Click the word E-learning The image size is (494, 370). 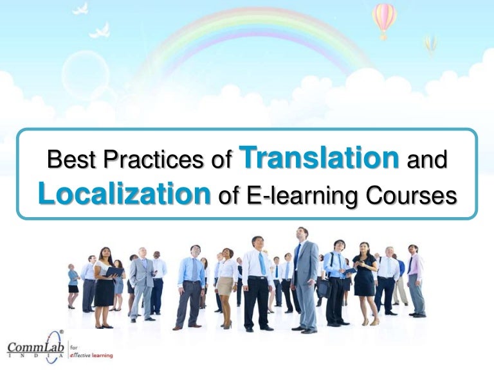[x=293, y=195]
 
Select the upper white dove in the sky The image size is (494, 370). [x=80, y=9]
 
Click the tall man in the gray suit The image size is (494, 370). [x=304, y=276]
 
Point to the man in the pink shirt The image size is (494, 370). [x=415, y=279]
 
